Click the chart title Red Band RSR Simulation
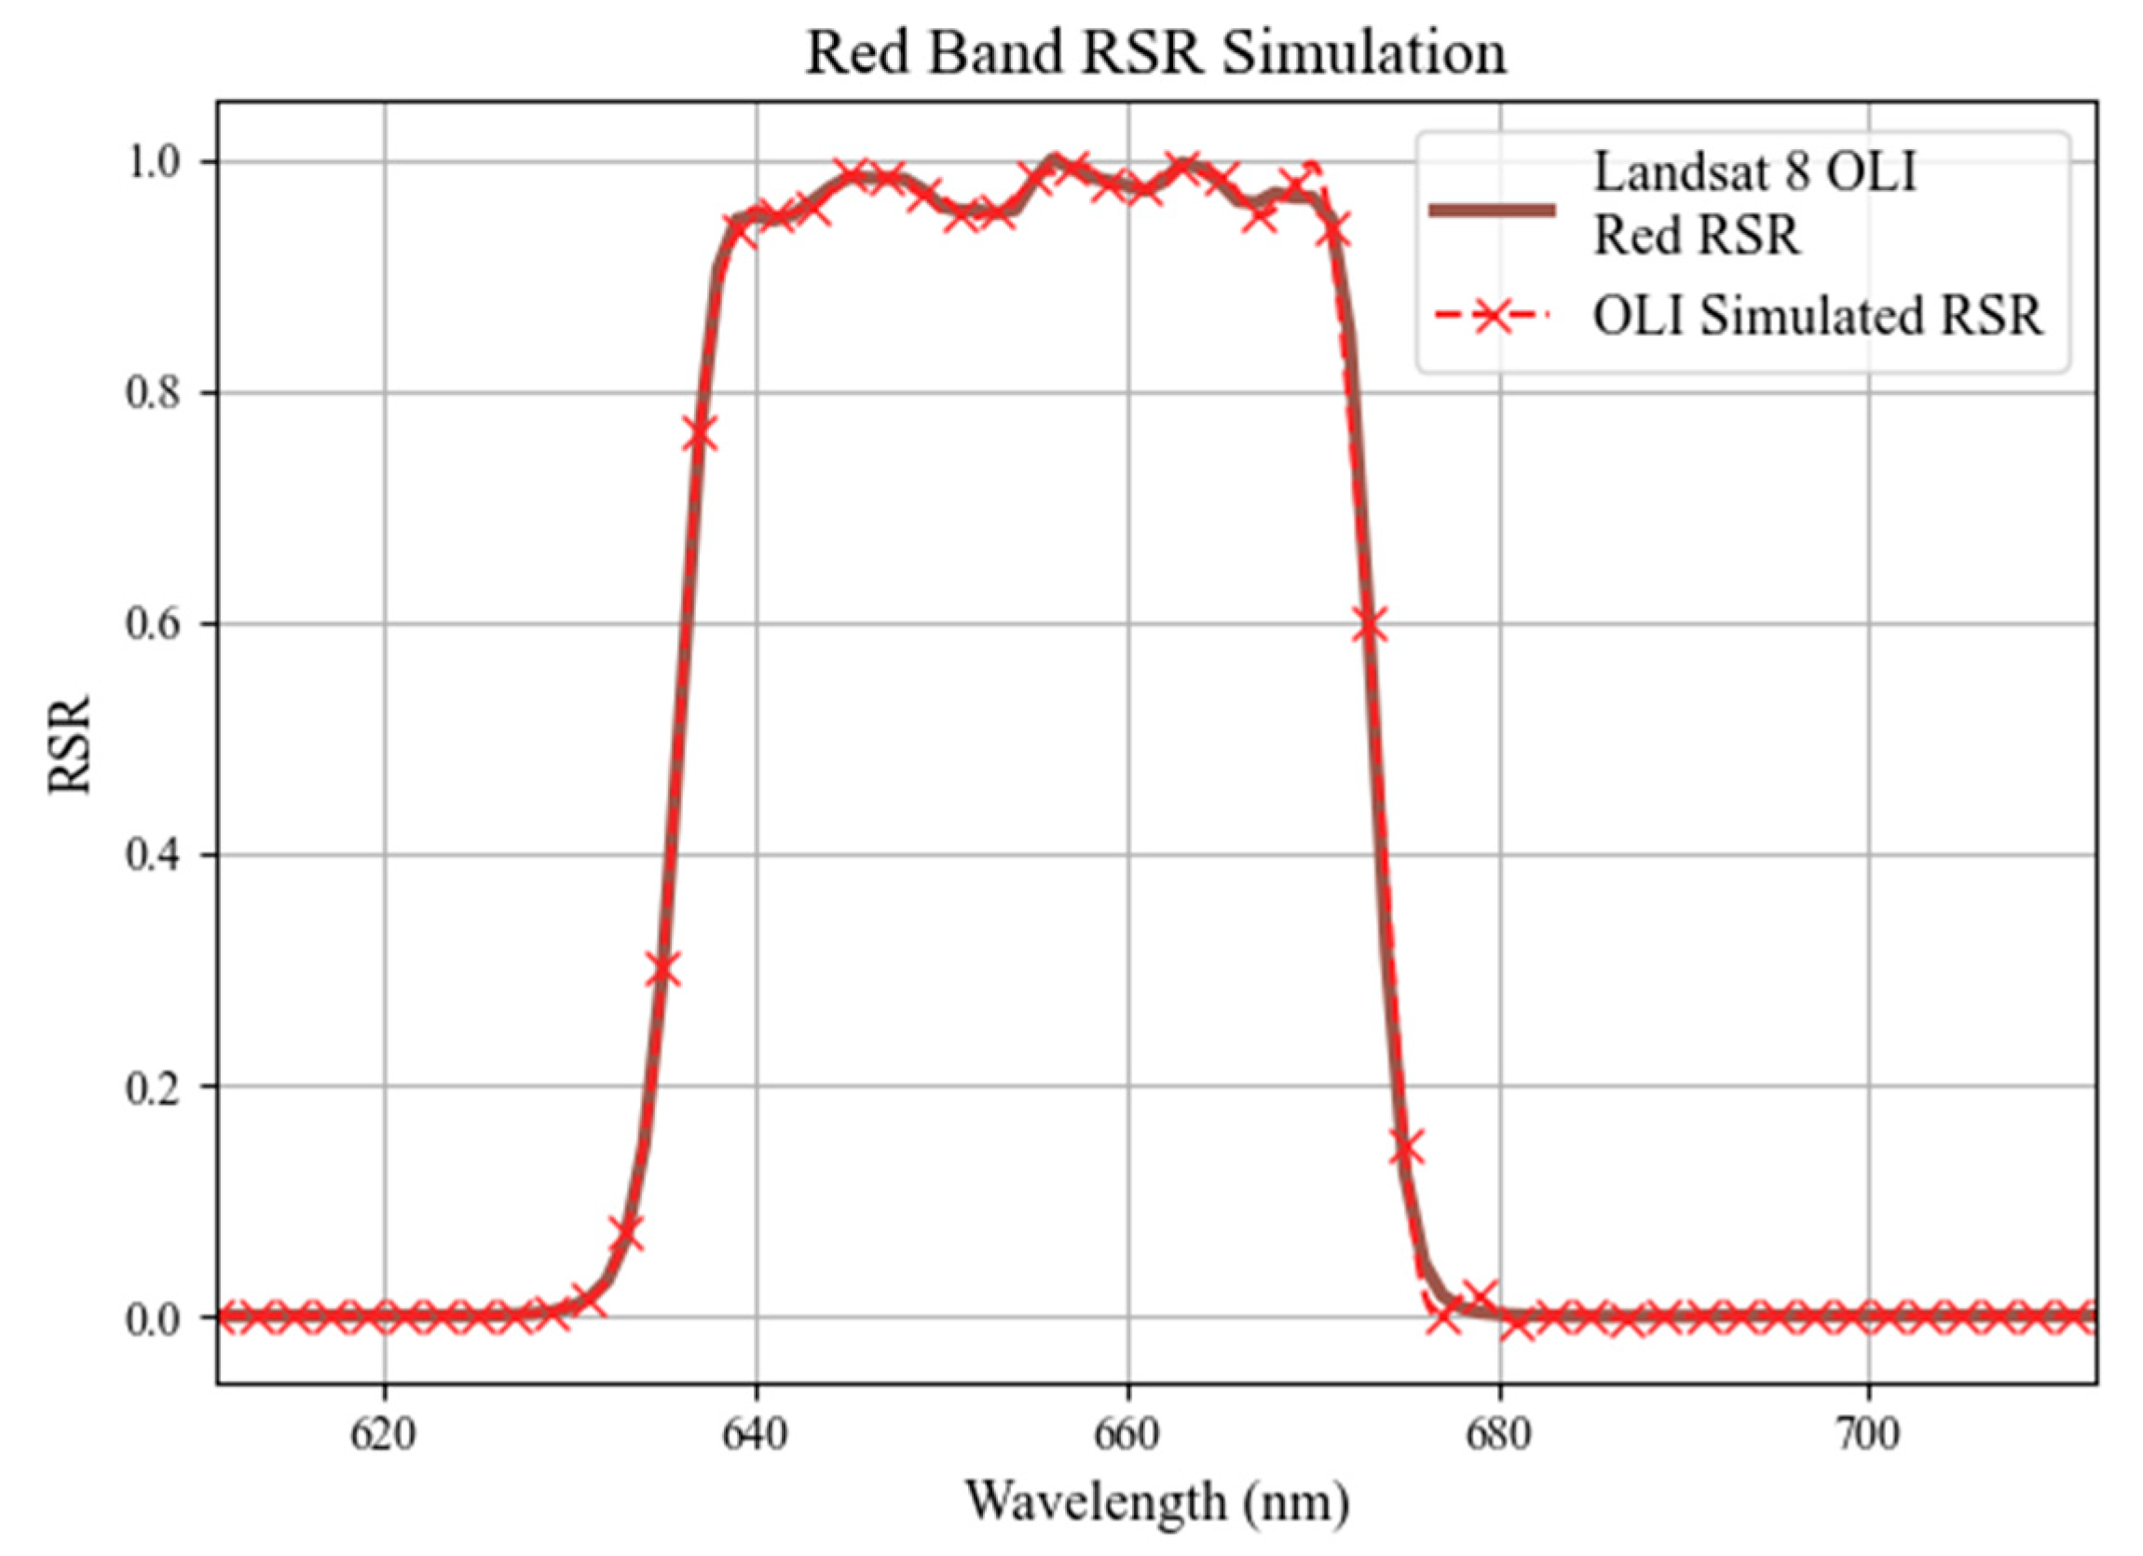(1154, 53)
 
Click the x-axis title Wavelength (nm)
(1156, 1500)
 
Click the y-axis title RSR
(70, 745)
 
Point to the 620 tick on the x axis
(384, 1435)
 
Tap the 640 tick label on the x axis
(755, 1435)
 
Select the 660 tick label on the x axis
(1127, 1435)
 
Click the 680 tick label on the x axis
(1498, 1435)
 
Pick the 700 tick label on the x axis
(1870, 1435)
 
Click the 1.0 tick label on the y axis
(152, 162)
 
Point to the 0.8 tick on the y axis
(152, 393)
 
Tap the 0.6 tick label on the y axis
(152, 624)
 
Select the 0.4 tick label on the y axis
(152, 856)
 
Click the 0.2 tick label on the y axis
(152, 1087)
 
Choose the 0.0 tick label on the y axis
(152, 1317)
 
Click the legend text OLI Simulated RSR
(1816, 317)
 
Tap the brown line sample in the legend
(1492, 211)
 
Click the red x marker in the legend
(1492, 319)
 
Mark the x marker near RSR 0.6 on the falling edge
(1369, 625)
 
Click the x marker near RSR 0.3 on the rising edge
(663, 969)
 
